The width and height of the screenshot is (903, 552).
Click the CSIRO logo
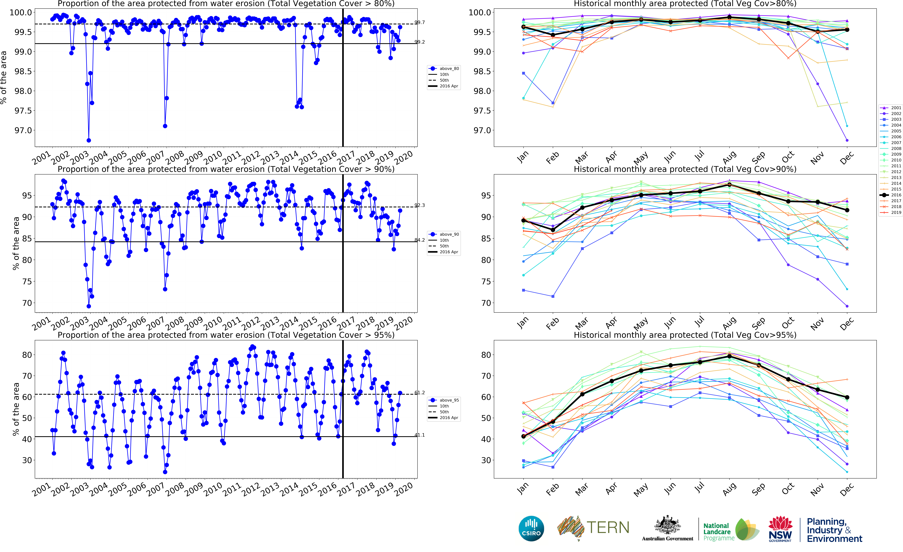pos(531,528)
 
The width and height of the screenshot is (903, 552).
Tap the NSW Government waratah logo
pos(780,528)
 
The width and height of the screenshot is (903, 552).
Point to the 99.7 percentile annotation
pos(420,22)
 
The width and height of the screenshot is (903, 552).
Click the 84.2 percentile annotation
pos(420,240)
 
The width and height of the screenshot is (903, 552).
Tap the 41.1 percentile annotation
pos(420,435)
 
